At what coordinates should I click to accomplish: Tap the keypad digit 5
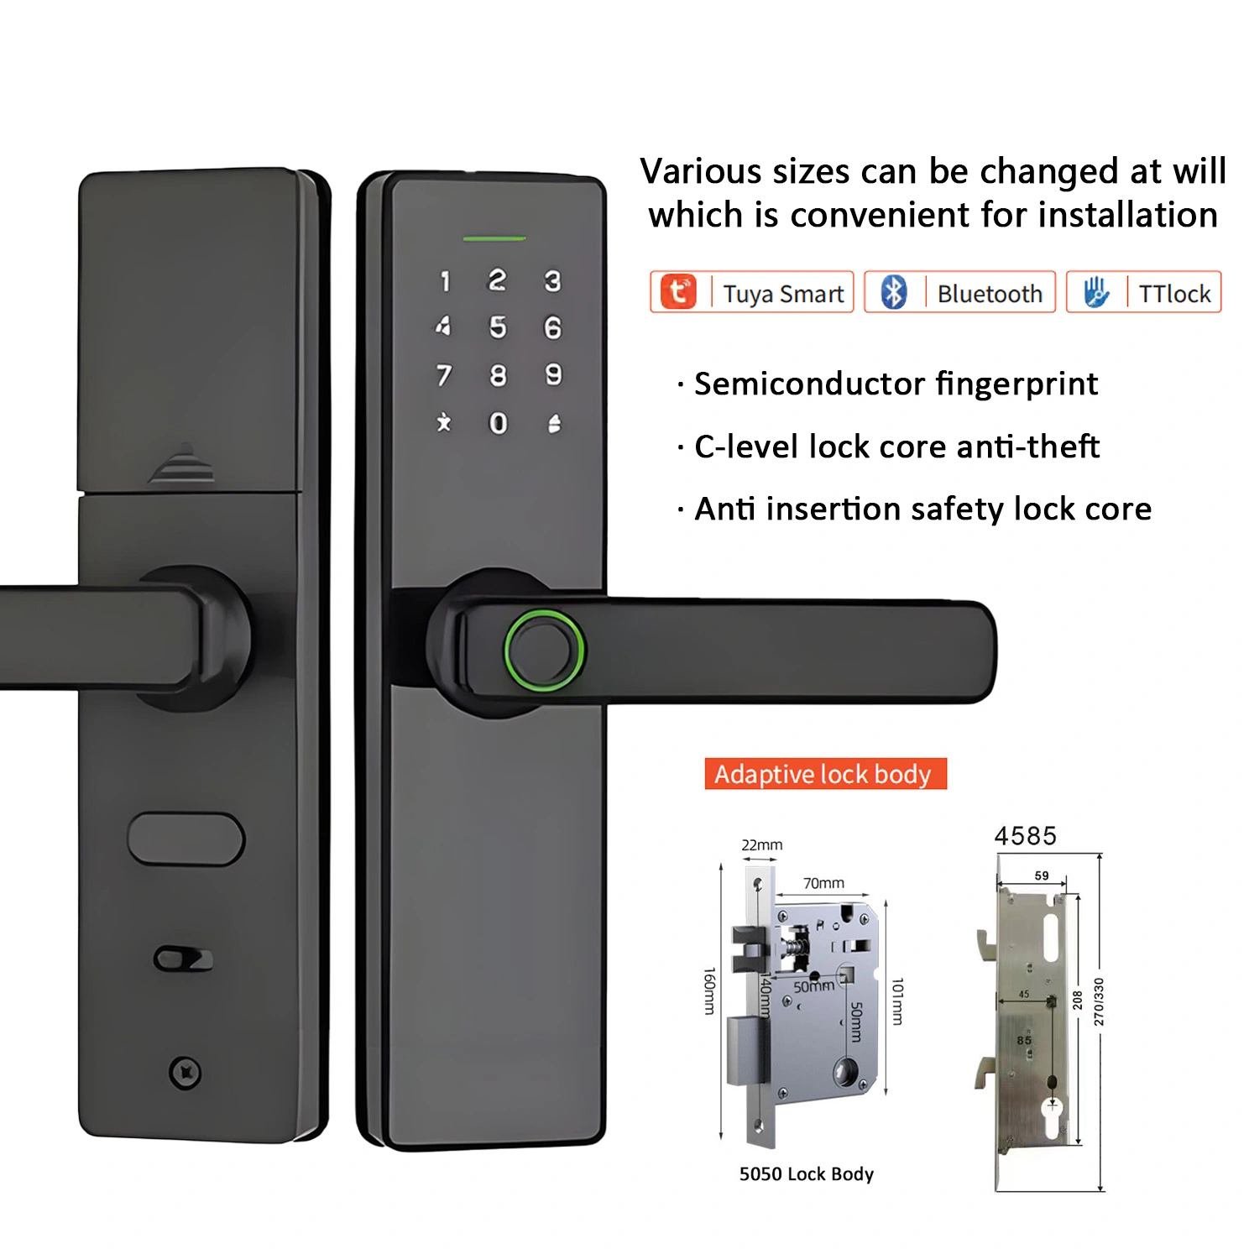(498, 327)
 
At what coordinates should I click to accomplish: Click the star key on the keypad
(444, 422)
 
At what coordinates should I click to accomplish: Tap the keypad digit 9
(553, 374)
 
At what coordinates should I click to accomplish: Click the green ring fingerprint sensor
(544, 651)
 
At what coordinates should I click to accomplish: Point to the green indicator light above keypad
(494, 239)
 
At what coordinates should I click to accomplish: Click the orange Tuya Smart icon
(678, 292)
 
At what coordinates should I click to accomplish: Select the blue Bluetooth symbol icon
(894, 292)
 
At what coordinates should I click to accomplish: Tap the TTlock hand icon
(1095, 292)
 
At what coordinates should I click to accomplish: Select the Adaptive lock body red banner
(825, 773)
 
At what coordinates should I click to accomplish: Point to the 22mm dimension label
(761, 845)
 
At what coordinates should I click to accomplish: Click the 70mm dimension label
(823, 883)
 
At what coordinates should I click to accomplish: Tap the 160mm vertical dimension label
(709, 990)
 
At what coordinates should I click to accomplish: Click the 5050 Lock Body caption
(806, 1173)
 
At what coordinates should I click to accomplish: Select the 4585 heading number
(1025, 836)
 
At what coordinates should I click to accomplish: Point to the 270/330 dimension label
(1098, 1001)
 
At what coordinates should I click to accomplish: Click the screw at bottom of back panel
(185, 1073)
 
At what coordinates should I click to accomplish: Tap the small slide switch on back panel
(183, 959)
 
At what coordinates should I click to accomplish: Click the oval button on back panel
(186, 839)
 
